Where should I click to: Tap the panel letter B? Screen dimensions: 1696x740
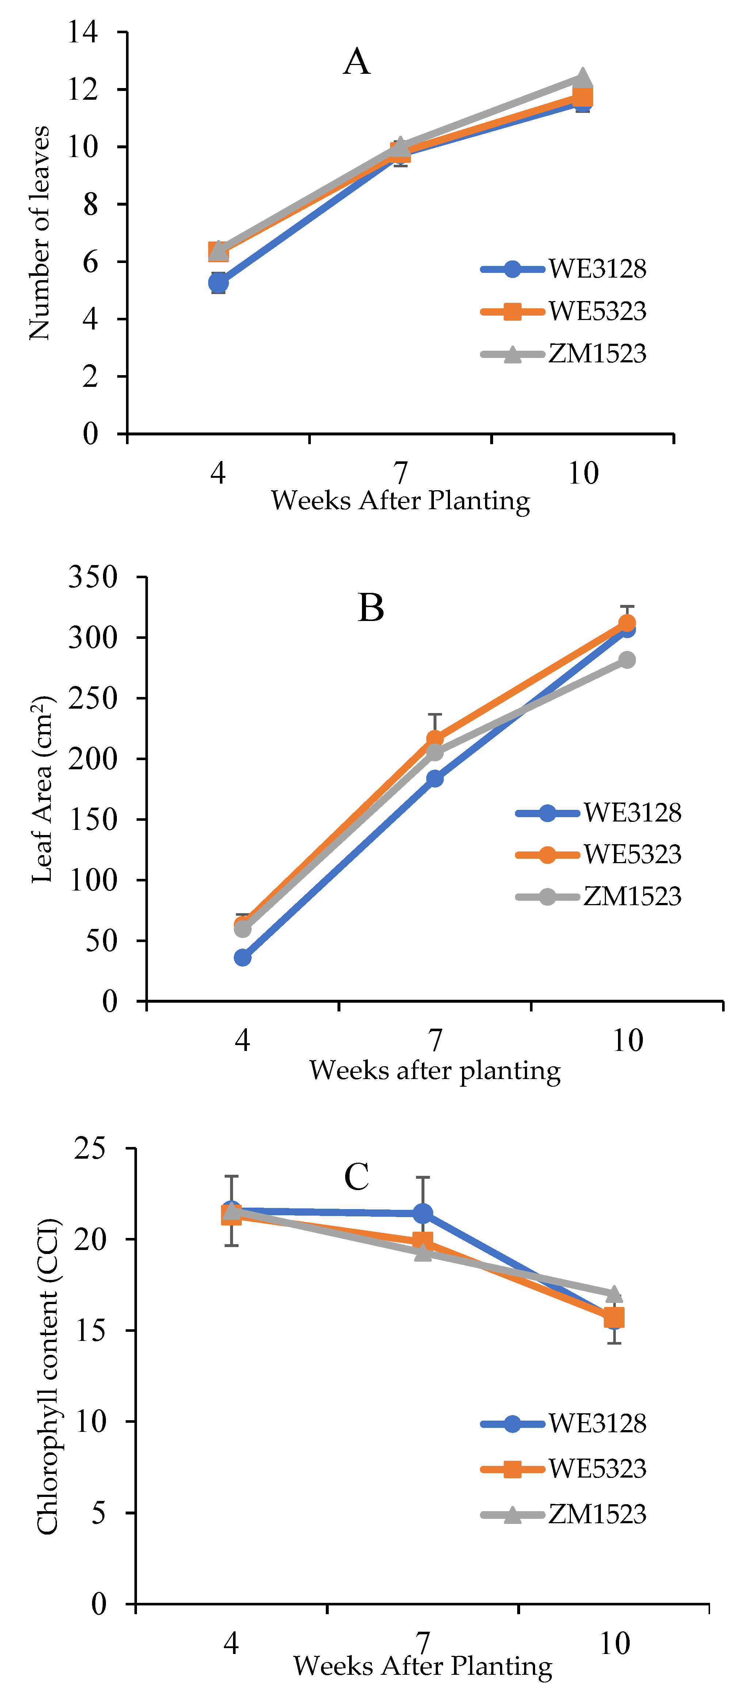(371, 608)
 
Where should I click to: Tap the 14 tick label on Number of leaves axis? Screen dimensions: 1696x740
(83, 32)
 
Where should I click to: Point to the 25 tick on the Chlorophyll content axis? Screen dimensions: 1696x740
(89, 1148)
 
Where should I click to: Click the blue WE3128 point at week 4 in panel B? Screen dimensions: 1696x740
(242, 957)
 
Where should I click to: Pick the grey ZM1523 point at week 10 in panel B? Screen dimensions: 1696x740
(627, 660)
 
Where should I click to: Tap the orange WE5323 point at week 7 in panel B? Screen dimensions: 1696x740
(435, 739)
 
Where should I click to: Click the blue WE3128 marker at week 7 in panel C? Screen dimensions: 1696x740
(423, 1213)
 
